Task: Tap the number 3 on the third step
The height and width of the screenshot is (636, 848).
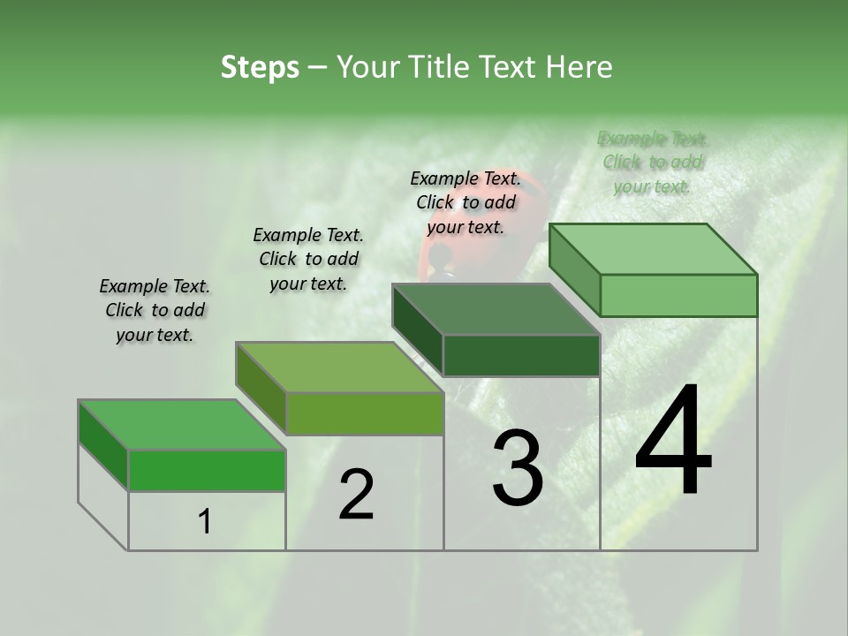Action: (517, 468)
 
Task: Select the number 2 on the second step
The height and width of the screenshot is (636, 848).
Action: (356, 495)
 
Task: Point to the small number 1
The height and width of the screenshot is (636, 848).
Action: (205, 522)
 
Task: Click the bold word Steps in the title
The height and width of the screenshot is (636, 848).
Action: (260, 67)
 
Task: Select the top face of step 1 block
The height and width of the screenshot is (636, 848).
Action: (181, 425)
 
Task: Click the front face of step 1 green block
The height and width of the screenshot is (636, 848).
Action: (207, 470)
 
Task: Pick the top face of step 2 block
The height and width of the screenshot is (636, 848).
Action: (338, 367)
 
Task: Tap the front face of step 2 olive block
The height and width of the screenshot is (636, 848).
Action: (365, 413)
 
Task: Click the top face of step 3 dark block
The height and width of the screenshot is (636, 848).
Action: (496, 309)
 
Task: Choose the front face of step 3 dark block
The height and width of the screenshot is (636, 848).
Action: (521, 355)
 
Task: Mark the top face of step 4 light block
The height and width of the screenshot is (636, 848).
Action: (653, 249)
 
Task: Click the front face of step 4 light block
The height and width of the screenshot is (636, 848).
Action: (678, 295)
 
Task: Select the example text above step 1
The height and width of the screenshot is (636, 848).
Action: (155, 310)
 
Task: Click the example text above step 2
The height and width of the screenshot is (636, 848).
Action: (308, 259)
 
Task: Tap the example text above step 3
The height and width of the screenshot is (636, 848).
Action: (466, 202)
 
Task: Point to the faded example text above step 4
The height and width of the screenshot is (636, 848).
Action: (653, 162)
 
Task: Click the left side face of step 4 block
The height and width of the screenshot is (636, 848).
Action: (574, 269)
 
